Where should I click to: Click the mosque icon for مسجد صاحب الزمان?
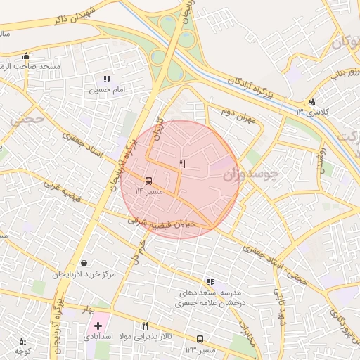[x=27, y=56]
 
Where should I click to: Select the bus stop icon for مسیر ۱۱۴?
[x=148, y=181]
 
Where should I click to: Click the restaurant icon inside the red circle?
[x=182, y=164]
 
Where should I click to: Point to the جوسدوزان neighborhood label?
[x=251, y=173]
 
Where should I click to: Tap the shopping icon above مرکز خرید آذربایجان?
[x=84, y=263]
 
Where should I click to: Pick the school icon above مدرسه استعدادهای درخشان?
[x=210, y=282]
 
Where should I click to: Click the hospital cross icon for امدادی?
[x=98, y=326]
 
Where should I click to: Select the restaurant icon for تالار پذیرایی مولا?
[x=146, y=326]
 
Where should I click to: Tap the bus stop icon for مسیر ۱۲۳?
[x=200, y=339]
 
